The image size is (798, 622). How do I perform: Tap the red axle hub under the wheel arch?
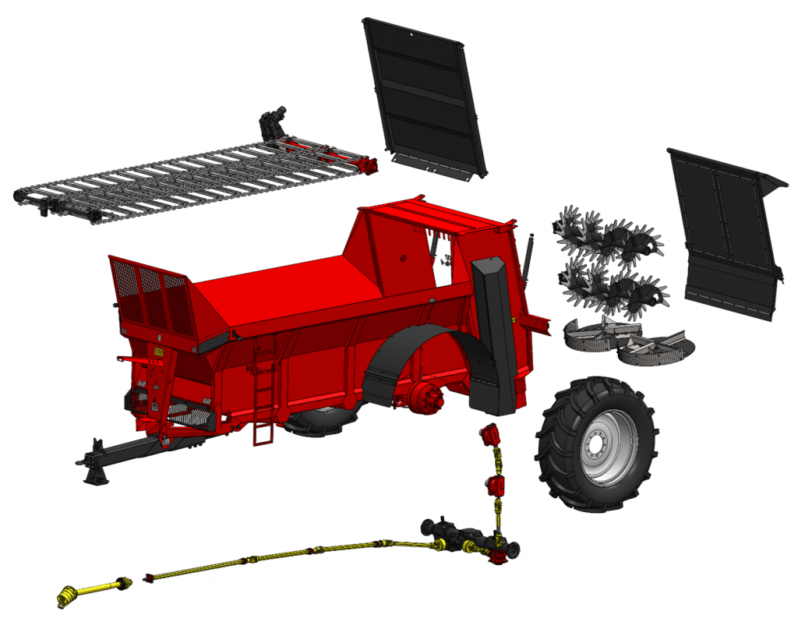point(426,395)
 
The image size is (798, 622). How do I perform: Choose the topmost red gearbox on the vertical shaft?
point(489,436)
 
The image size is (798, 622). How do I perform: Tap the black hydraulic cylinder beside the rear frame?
point(528,257)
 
